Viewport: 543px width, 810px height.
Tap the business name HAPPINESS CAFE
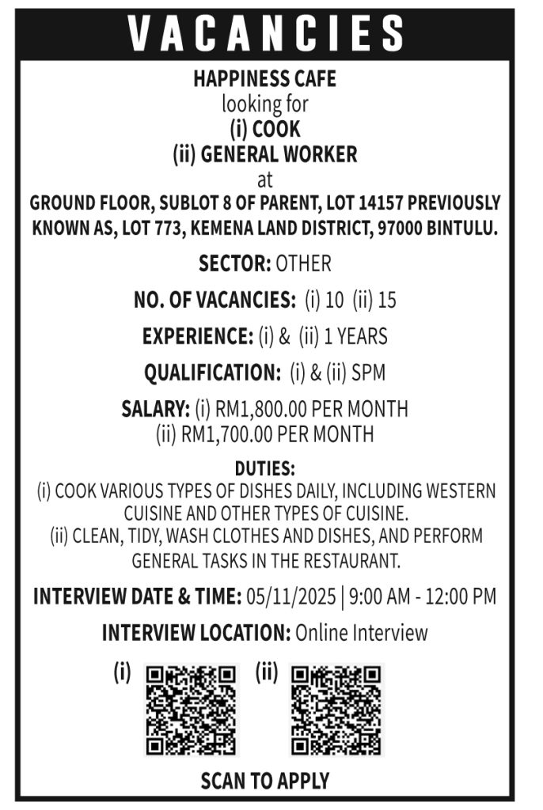pos(265,79)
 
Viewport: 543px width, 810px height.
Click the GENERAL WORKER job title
pos(279,153)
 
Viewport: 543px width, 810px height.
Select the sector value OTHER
pos(303,263)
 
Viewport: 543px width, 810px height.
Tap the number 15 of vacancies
pos(387,301)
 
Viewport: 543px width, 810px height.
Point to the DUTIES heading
pos(264,470)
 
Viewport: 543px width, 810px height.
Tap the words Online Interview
pos(361,633)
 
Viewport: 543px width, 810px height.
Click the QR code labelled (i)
pos(192,709)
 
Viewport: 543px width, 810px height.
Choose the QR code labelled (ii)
pos(336,709)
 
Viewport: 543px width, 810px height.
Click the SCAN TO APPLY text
pos(264,782)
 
